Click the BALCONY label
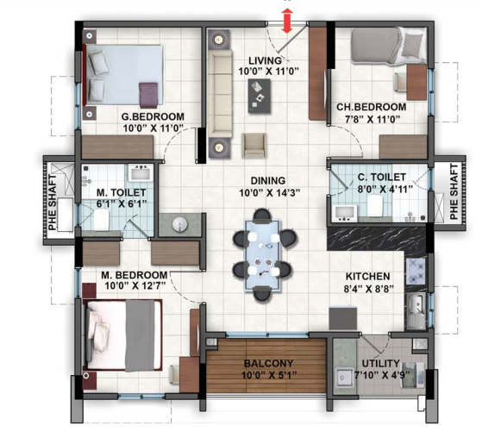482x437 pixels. point(265,363)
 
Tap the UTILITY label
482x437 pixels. point(379,364)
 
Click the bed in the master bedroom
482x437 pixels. point(121,333)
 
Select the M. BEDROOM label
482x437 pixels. point(131,275)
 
